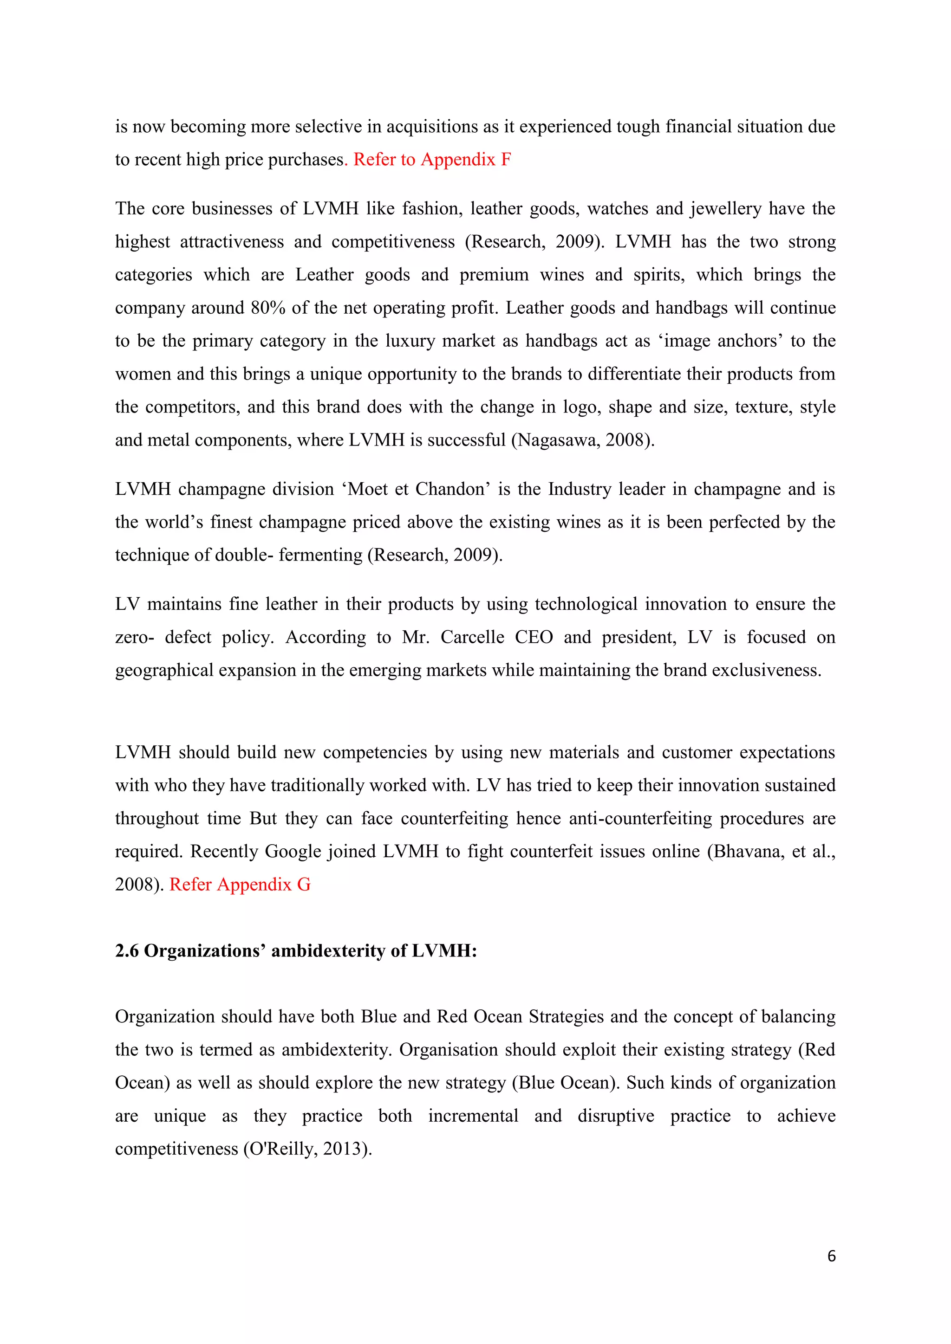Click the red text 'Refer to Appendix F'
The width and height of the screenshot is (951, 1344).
(432, 159)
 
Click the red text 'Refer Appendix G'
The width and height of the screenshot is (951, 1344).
(240, 884)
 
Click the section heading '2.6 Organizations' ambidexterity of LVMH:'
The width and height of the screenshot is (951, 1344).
(296, 950)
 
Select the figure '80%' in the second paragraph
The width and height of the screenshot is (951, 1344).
(267, 308)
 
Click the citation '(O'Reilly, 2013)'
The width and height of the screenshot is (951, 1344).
(307, 1149)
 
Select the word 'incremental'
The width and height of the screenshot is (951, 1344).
(473, 1116)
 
